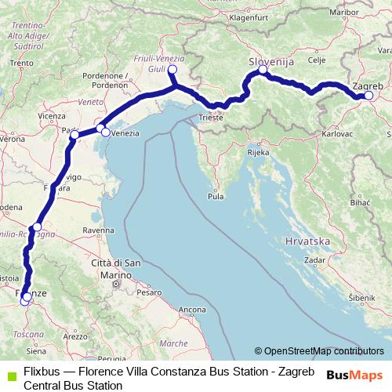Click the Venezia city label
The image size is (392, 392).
coord(125,134)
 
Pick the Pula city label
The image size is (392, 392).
coord(215,197)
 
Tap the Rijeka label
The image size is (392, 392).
coord(258,153)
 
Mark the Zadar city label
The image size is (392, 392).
coord(314,259)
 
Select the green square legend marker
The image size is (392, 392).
coord(10,371)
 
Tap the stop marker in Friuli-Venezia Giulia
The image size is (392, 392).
coord(172,71)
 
